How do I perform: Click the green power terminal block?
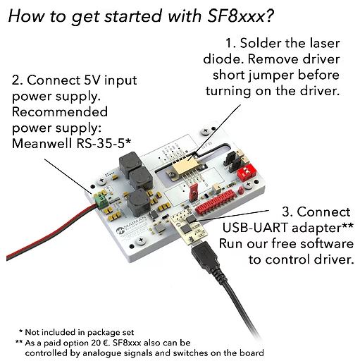coord(101,200)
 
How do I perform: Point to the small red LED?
coord(240,190)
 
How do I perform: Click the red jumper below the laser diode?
coord(194,192)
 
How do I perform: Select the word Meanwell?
coord(42,143)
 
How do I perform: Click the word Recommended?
coord(60,111)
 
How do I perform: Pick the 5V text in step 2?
coord(92,80)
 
